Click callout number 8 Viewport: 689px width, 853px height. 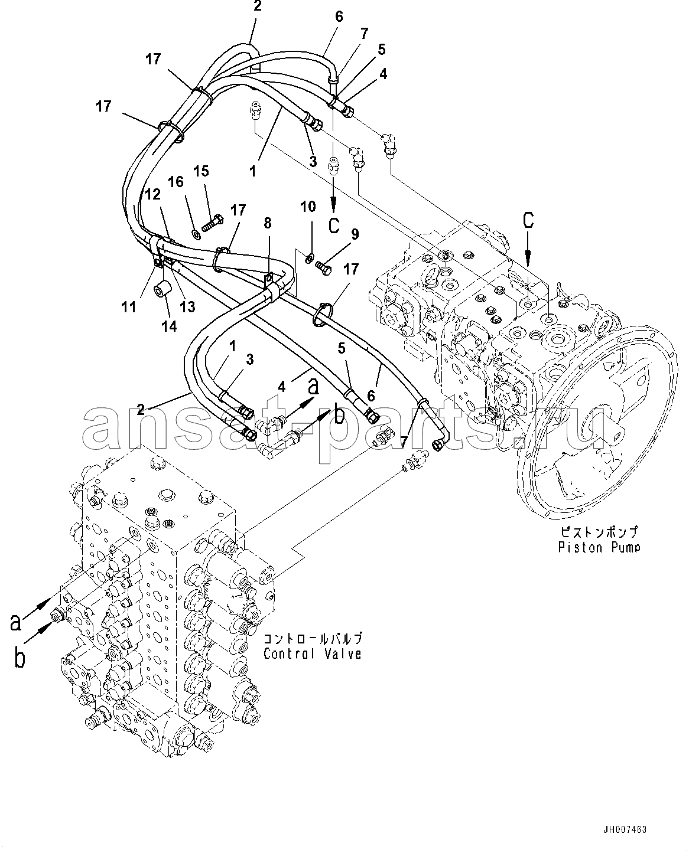pyautogui.click(x=268, y=223)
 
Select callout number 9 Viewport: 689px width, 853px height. pyautogui.click(x=355, y=235)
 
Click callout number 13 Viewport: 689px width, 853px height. pyautogui.click(x=187, y=306)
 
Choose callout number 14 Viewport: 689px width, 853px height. pyautogui.click(x=169, y=326)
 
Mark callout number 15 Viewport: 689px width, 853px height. pyautogui.click(x=201, y=171)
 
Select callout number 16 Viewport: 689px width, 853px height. pyautogui.click(x=177, y=182)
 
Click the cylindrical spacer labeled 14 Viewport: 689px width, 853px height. pyautogui.click(x=162, y=290)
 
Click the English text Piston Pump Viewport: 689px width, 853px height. pyautogui.click(x=599, y=547)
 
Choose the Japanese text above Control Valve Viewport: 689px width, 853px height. pyautogui.click(x=313, y=639)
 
